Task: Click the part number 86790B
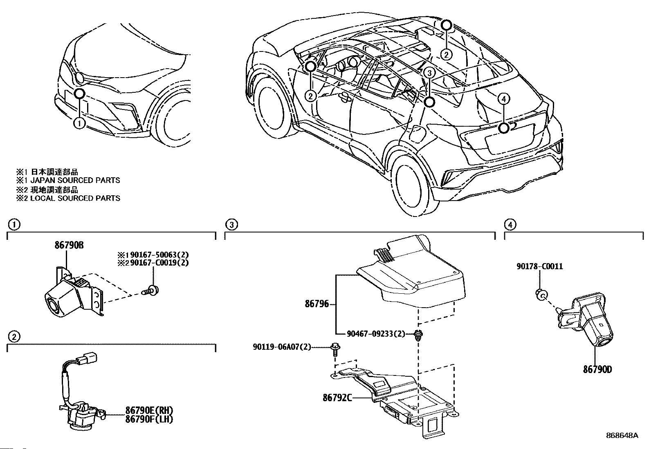70,245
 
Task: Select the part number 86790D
597,370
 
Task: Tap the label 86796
317,304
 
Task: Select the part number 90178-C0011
539,266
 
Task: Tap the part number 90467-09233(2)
376,334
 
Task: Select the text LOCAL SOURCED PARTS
76,198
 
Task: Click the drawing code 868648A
622,436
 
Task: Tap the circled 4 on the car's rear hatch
504,98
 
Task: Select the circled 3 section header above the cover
231,224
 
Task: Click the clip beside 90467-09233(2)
418,334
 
